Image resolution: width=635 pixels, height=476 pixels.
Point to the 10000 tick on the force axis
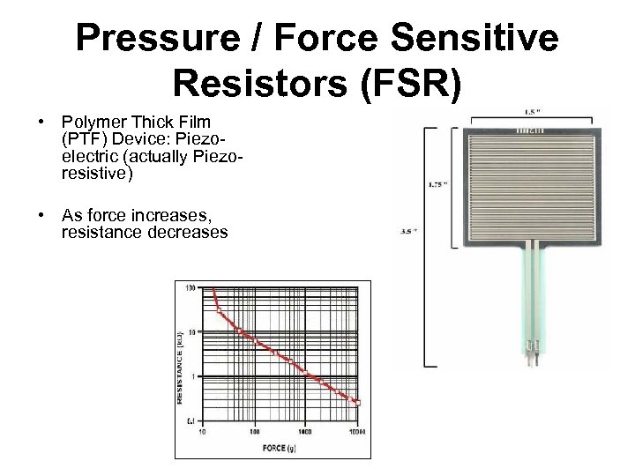click(357, 433)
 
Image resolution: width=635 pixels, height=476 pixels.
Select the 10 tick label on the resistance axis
click(190, 331)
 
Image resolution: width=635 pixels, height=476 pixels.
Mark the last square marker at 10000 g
click(357, 403)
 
